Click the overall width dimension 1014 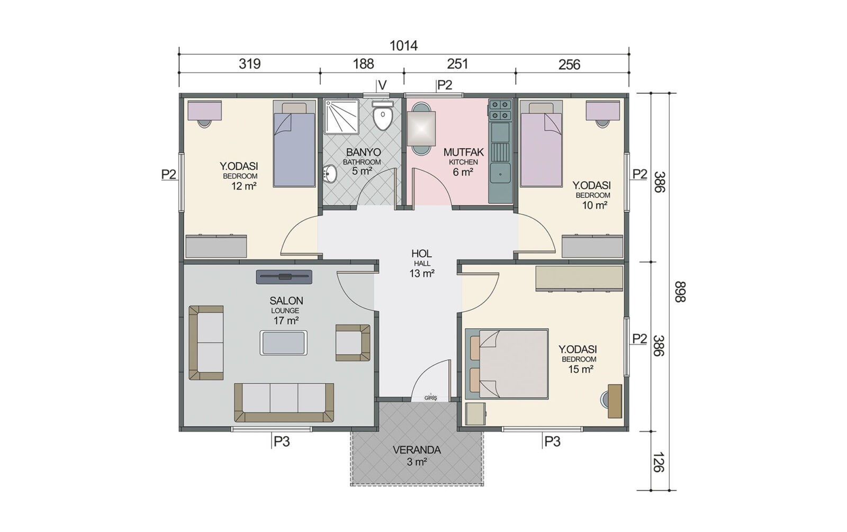pyautogui.click(x=403, y=46)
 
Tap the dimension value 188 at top pyautogui.click(x=363, y=64)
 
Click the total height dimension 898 pyautogui.click(x=680, y=292)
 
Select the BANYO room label pyautogui.click(x=363, y=152)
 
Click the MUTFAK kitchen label pyautogui.click(x=464, y=152)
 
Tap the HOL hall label pyautogui.click(x=421, y=254)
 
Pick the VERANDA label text pyautogui.click(x=417, y=450)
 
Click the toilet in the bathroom pyautogui.click(x=383, y=115)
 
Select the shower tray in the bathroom pyautogui.click(x=342, y=116)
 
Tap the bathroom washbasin pyautogui.click(x=330, y=174)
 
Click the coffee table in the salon pyautogui.click(x=283, y=342)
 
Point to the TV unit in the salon pyautogui.click(x=284, y=277)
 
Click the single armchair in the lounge pyautogui.click(x=353, y=342)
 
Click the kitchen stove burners pyautogui.click(x=500, y=110)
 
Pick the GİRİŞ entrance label pyautogui.click(x=431, y=398)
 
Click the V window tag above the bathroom pyautogui.click(x=383, y=85)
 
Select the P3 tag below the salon pyautogui.click(x=282, y=441)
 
